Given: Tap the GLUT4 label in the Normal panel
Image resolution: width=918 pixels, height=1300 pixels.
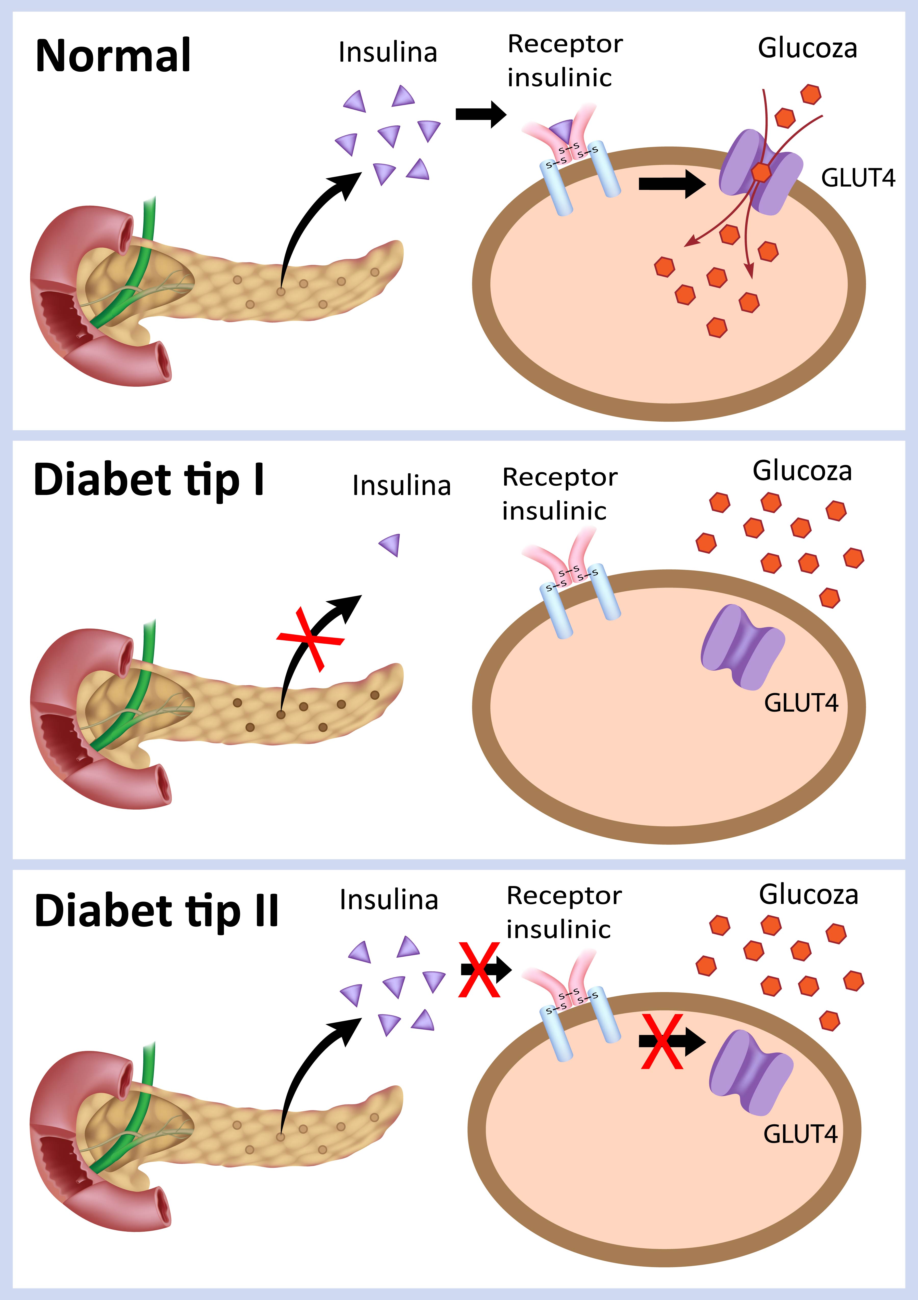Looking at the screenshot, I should point(857,178).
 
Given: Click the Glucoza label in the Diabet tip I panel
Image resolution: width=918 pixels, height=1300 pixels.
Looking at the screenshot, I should point(802,471).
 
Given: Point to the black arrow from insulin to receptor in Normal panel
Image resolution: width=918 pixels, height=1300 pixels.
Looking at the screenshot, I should point(480,114).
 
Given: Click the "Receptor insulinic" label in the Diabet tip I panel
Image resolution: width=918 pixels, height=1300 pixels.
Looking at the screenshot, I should point(559,494).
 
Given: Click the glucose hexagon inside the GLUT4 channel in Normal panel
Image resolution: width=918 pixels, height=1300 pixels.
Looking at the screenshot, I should point(761,172).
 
